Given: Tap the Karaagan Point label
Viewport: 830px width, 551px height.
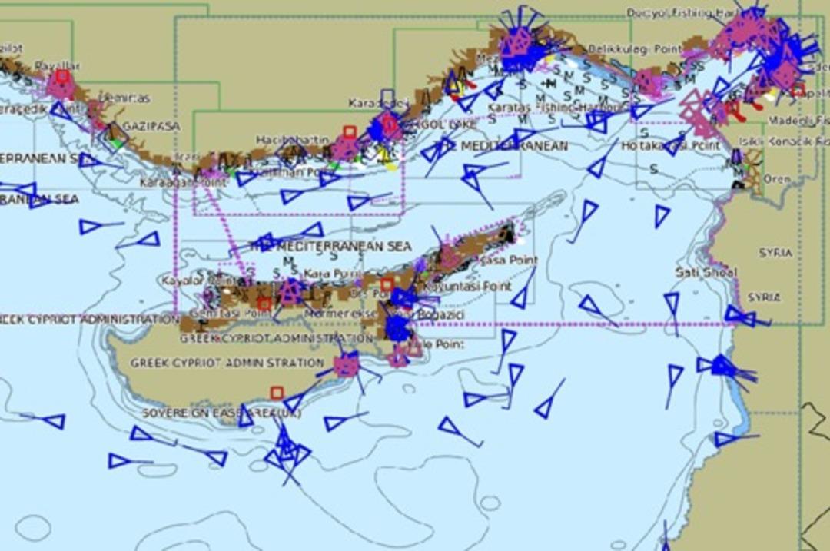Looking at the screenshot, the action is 172,183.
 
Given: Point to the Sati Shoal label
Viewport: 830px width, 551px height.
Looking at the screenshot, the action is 705,273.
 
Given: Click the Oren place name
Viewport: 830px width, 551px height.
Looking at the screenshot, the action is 776,179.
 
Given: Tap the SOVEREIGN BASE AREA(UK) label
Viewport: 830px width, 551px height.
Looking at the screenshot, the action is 221,413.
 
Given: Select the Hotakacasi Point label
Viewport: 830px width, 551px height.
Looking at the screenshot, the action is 670,145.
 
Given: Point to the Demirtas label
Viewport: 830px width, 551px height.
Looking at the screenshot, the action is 126,98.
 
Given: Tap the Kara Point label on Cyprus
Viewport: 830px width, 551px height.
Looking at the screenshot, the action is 322,274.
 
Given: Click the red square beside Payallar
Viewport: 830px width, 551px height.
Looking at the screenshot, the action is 62,75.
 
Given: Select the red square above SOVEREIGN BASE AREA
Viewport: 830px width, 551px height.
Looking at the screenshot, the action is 277,393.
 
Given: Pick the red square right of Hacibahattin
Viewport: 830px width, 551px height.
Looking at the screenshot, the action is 350,132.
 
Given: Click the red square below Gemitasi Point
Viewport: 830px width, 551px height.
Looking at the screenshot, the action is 264,304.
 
